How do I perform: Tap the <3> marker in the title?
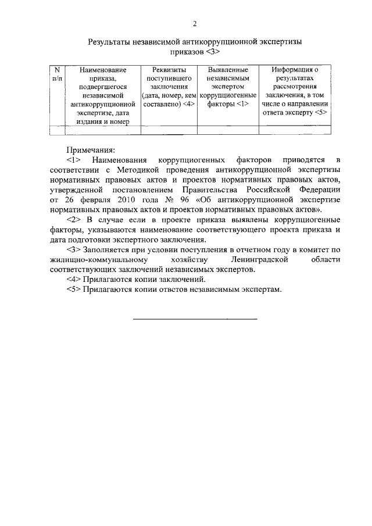212,52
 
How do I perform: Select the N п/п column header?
58,74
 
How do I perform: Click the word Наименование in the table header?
102,70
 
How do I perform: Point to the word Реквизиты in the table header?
169,70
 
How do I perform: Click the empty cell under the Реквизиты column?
169,130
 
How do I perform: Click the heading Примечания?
90,149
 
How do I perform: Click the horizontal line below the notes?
195,319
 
